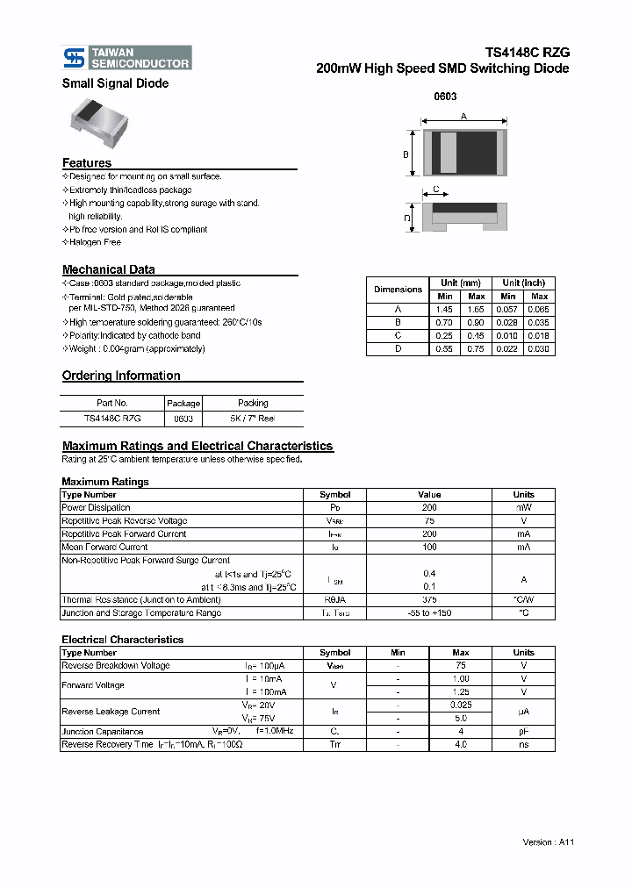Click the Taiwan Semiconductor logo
pos(126,58)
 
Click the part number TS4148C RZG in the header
pos(528,53)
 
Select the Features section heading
pos(87,163)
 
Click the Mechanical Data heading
pos(108,269)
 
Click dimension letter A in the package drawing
pos(463,117)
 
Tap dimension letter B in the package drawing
pos(406,154)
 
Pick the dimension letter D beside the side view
pos(406,218)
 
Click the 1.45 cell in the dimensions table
pos(445,310)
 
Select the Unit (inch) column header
pos(523,283)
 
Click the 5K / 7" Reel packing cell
pos(253,419)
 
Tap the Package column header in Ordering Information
pos(183,404)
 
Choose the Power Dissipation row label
pos(96,507)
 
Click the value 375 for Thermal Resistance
pos(429,599)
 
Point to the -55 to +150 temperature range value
pos(429,612)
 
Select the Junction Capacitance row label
pos(102,731)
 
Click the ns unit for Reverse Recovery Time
pos(523,744)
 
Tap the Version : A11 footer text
pos(548,841)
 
